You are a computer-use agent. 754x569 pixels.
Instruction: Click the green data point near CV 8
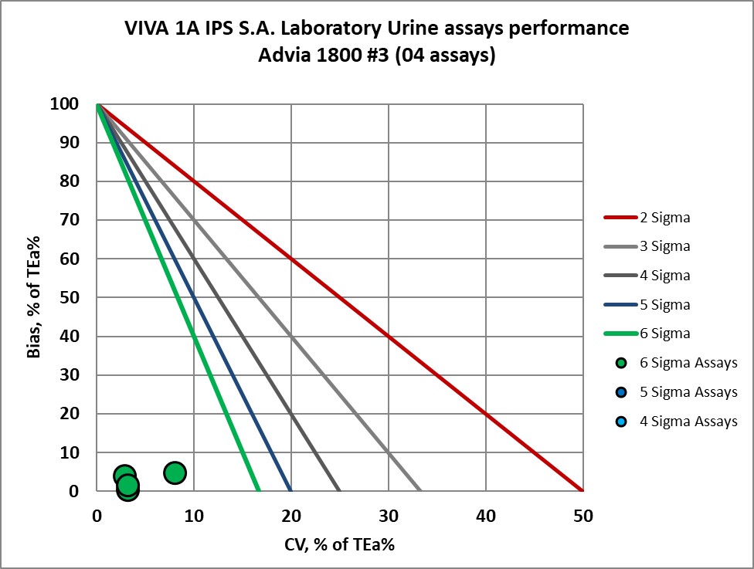[175, 472]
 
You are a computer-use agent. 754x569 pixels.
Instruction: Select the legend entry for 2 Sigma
[665, 218]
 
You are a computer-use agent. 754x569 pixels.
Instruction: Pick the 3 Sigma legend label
[665, 246]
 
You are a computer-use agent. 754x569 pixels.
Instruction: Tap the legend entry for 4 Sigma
[665, 276]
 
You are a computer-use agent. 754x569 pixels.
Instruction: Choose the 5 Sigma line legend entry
[665, 305]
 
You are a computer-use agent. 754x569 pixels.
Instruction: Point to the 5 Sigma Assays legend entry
[688, 392]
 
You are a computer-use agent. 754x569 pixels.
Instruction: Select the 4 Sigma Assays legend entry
[688, 422]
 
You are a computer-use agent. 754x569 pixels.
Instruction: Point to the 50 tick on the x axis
[582, 515]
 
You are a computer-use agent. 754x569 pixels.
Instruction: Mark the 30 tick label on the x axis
[388, 515]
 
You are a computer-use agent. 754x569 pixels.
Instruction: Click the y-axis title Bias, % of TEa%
[33, 297]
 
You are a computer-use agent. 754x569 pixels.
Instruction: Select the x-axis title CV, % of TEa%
[339, 544]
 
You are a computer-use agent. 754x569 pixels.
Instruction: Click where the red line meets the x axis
[582, 490]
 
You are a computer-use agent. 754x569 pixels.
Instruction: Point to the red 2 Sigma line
[340, 297]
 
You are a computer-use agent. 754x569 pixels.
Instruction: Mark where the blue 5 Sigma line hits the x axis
[290, 490]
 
